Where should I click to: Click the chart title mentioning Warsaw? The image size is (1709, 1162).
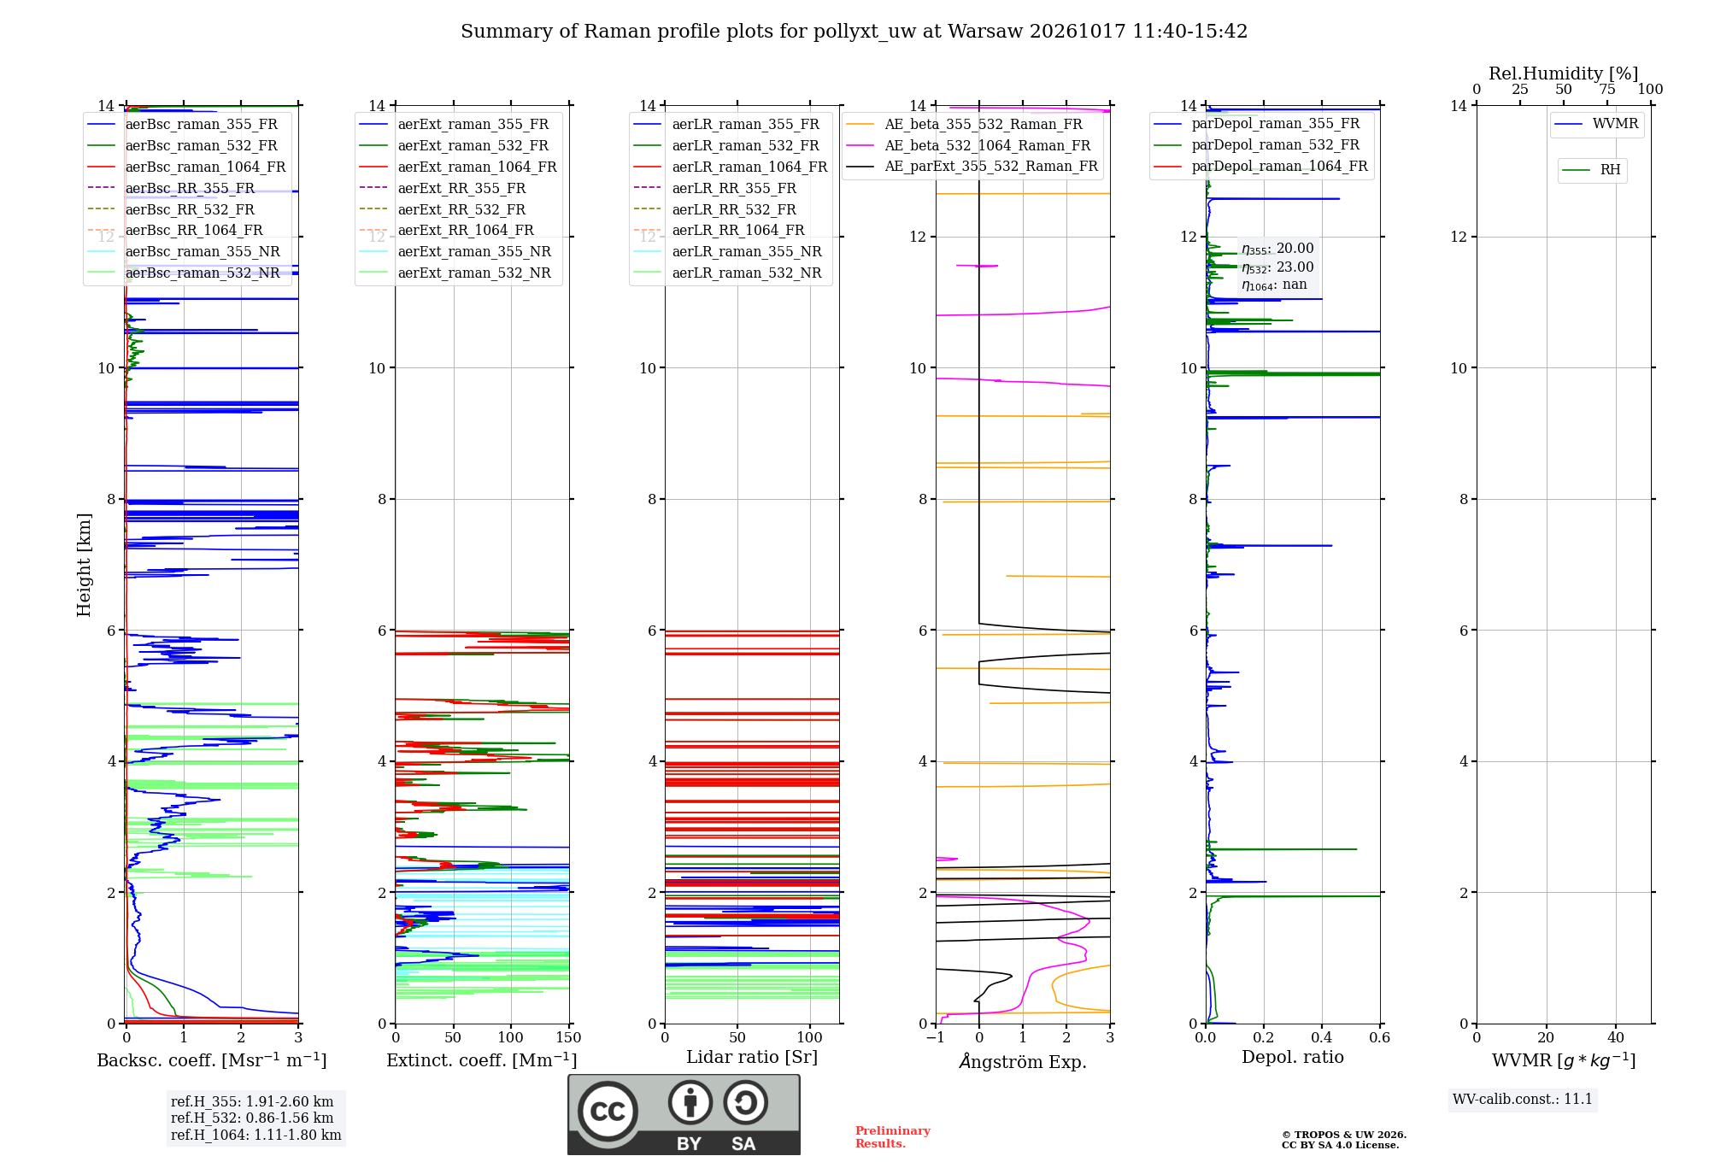tap(854, 32)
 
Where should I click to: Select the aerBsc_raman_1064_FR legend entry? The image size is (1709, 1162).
tap(187, 167)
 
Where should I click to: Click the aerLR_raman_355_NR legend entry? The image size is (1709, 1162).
tap(728, 252)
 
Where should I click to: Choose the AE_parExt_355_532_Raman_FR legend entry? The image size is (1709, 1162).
tap(972, 167)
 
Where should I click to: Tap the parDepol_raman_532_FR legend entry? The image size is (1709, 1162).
tap(1257, 145)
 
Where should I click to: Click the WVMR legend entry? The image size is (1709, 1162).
tap(1597, 124)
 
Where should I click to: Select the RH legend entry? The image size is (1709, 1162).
tap(1592, 170)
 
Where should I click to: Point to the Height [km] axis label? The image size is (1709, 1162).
tap(84, 565)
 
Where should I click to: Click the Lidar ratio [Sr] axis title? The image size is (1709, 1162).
tap(752, 1057)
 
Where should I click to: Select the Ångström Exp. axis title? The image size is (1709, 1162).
tap(1023, 1061)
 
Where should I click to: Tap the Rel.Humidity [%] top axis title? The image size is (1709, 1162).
tap(1564, 73)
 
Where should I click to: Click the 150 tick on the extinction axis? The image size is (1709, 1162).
tap(568, 1038)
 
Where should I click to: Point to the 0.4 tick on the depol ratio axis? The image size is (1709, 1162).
tap(1322, 1038)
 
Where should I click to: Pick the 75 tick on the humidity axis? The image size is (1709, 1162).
tap(1607, 90)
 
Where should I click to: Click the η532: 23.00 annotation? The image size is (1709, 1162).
tap(1277, 267)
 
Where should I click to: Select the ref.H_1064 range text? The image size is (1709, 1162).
tap(256, 1136)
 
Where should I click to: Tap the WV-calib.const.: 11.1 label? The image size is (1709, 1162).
tap(1523, 1100)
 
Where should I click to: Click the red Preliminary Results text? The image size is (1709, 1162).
tap(893, 1137)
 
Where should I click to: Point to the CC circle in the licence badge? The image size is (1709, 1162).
tap(608, 1112)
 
